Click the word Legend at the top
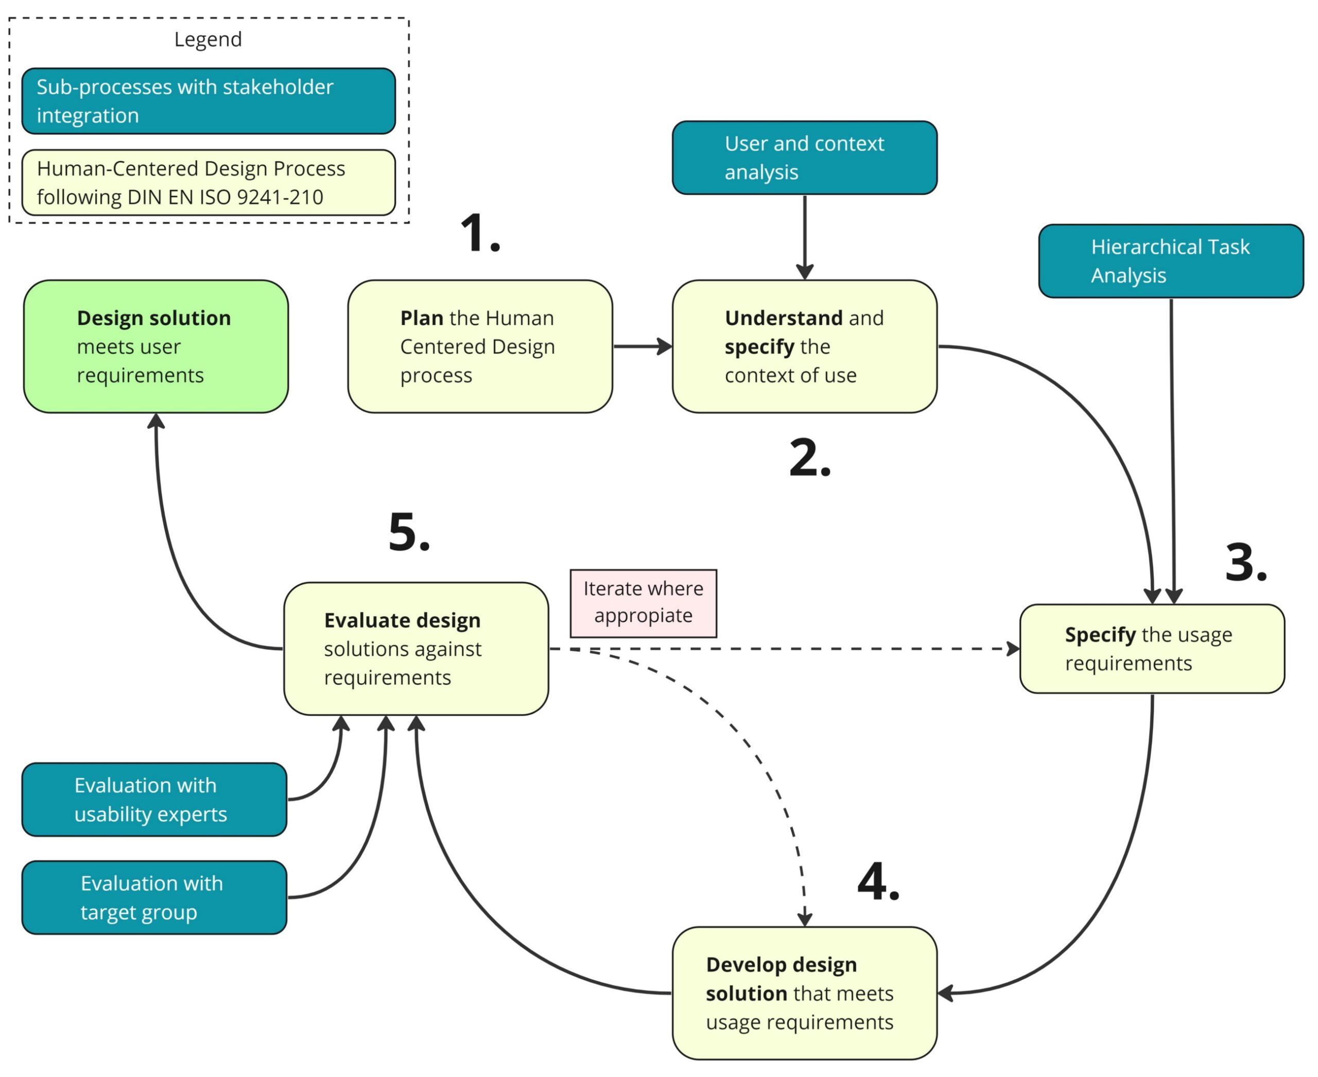coord(208,39)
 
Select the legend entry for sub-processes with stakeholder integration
coord(209,101)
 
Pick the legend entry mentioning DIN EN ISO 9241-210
coord(209,182)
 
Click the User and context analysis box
coord(805,158)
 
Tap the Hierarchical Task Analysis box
coord(1171,261)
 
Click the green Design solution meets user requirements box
coord(156,346)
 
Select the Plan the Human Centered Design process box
coord(480,346)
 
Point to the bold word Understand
coord(783,318)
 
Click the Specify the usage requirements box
coord(1152,649)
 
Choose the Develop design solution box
coord(805,993)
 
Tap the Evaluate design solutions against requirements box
coord(416,649)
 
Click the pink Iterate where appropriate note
coord(644,603)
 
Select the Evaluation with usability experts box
coord(154,800)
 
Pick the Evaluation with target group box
coord(154,898)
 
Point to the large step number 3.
coord(1245,563)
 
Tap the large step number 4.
coord(877,882)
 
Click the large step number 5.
coord(408,532)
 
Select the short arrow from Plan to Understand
coord(642,346)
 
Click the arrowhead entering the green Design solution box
coord(156,422)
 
